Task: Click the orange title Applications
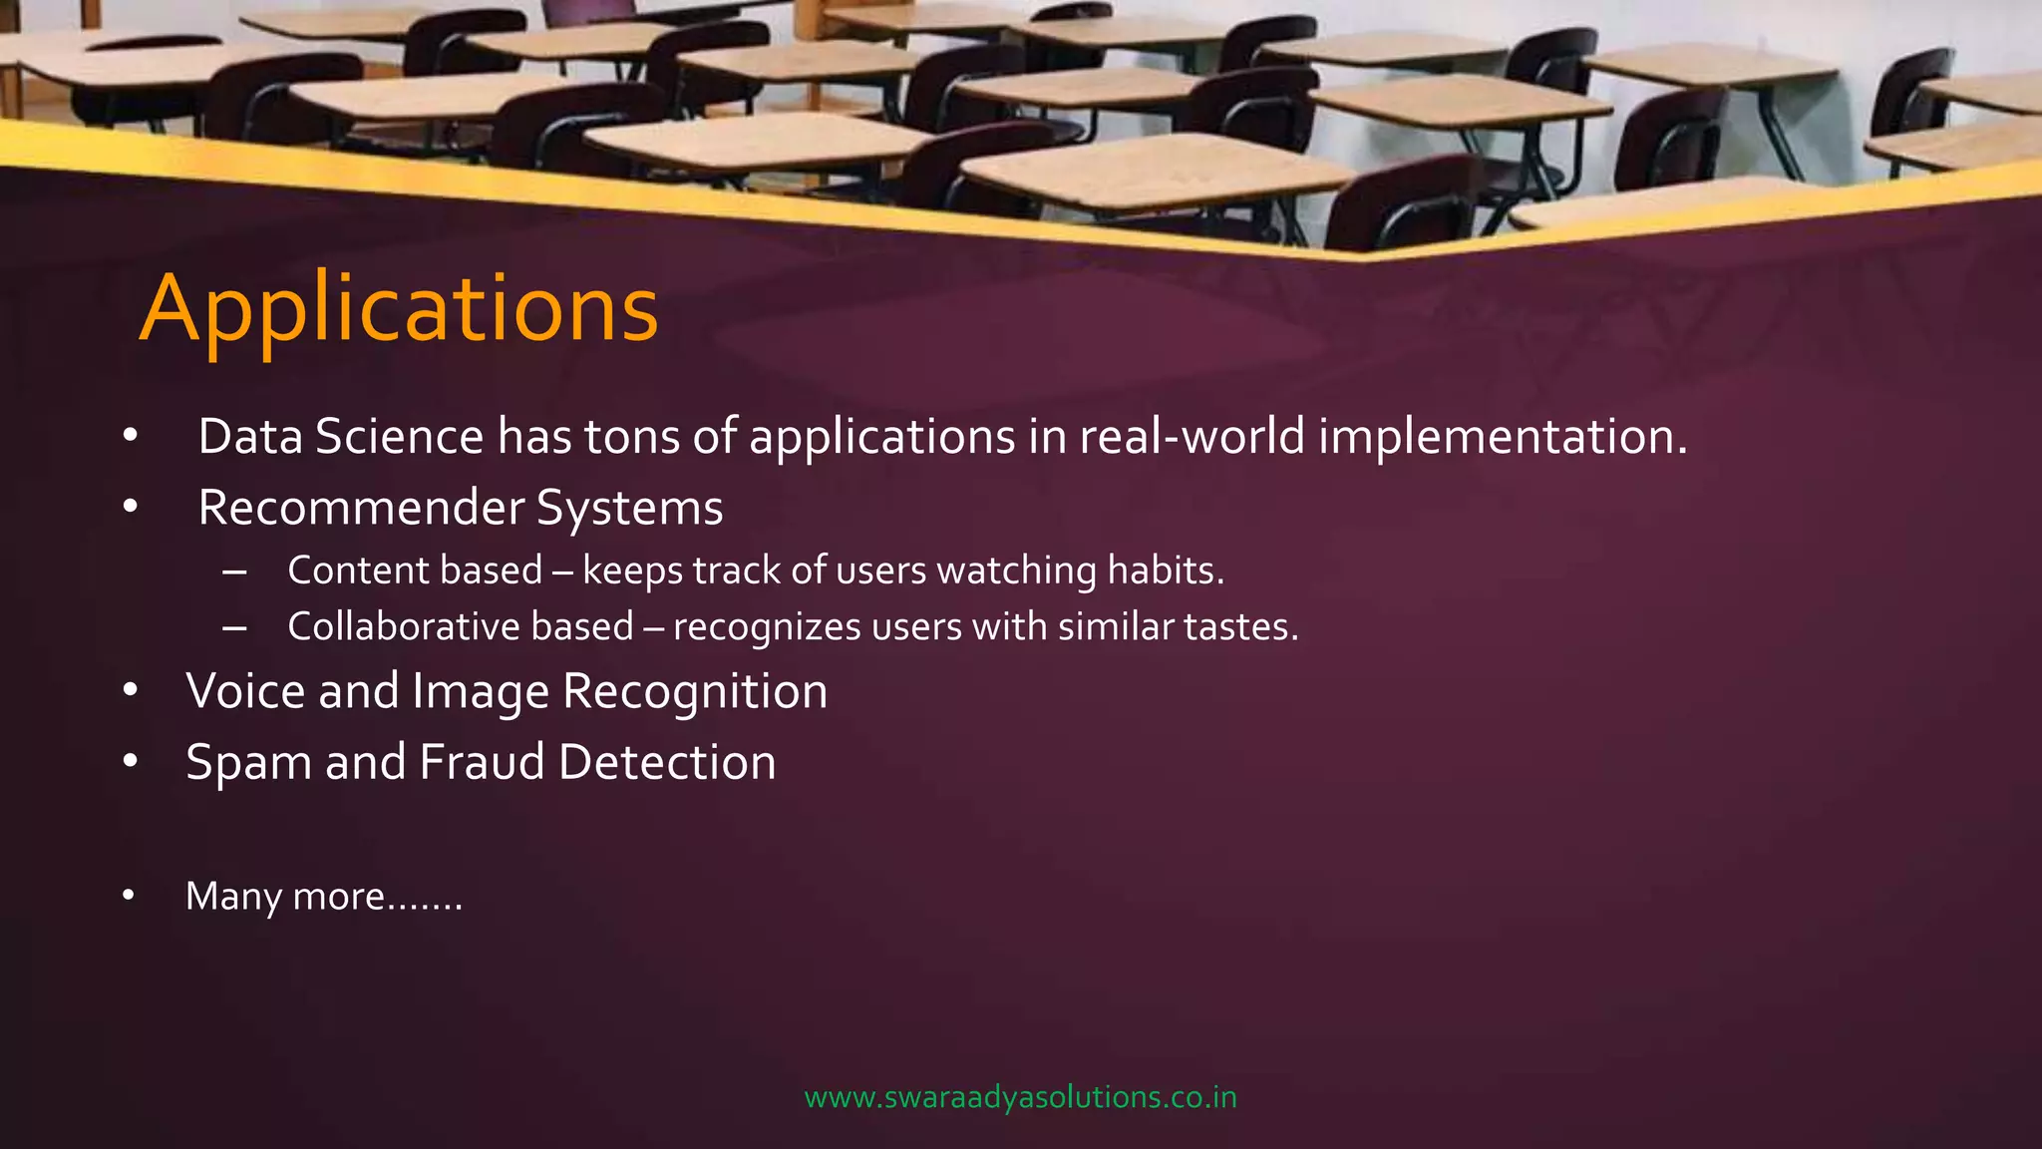(399, 309)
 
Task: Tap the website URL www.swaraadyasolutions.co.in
(1020, 1097)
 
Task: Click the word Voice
(244, 691)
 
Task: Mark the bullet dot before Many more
(129, 896)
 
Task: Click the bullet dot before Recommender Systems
(130, 508)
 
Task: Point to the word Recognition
(695, 691)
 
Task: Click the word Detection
(667, 762)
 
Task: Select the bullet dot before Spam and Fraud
(130, 762)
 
